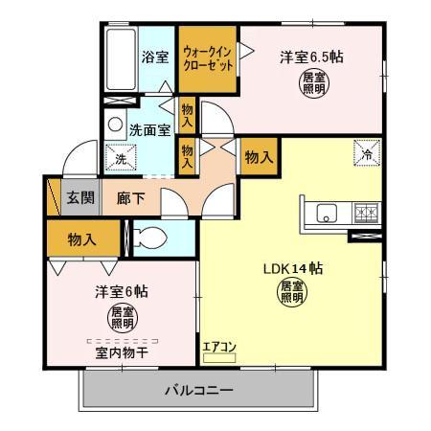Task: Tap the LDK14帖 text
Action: (x=293, y=268)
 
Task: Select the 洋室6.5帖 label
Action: (x=311, y=56)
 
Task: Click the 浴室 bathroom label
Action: (x=155, y=57)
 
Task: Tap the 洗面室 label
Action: (x=150, y=128)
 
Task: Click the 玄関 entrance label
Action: (x=79, y=199)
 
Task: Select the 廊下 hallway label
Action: (x=131, y=199)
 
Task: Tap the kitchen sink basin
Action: (x=324, y=213)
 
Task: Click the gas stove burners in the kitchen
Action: (x=364, y=213)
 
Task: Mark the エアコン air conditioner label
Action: (x=217, y=348)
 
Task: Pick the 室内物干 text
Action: (x=121, y=352)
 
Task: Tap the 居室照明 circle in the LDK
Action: (x=292, y=293)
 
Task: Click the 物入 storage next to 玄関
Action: (x=81, y=239)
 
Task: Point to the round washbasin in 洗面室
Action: (x=115, y=125)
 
